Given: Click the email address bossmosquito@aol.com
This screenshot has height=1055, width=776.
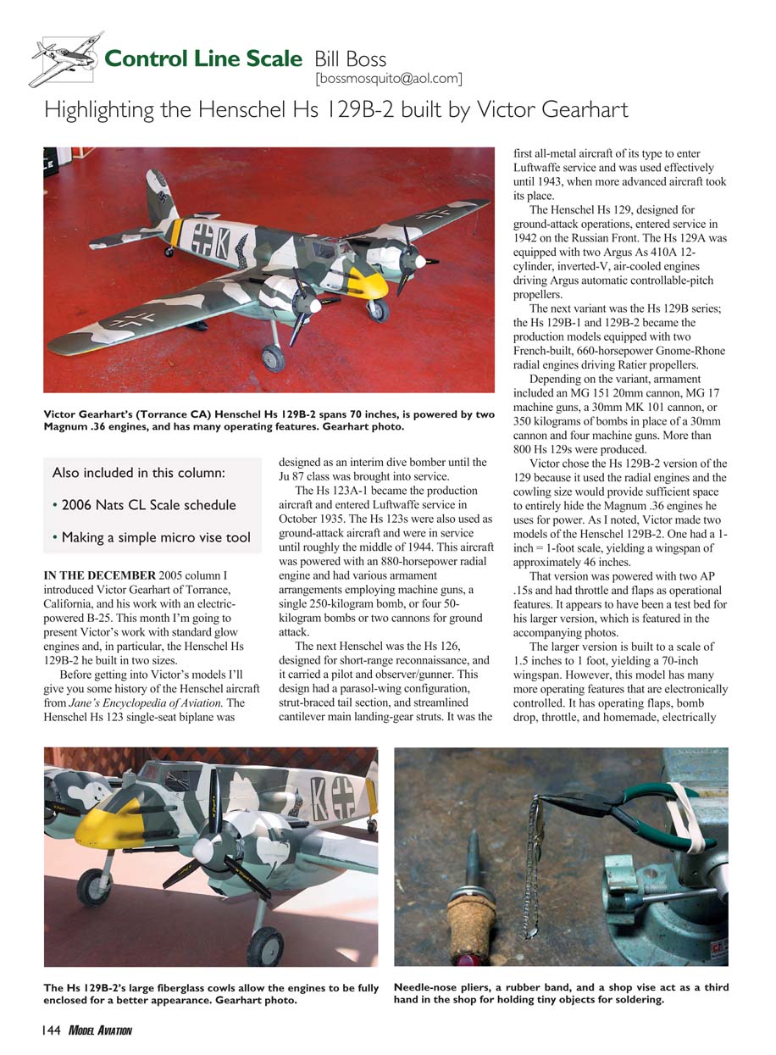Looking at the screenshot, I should point(388,79).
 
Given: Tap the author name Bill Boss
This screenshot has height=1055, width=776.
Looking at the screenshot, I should point(350,59).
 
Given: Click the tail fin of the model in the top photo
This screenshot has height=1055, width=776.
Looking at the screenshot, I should point(159,197).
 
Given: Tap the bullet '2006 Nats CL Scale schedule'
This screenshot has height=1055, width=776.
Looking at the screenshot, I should point(143,506).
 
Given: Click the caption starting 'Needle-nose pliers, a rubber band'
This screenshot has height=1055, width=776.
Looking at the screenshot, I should point(560,994).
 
